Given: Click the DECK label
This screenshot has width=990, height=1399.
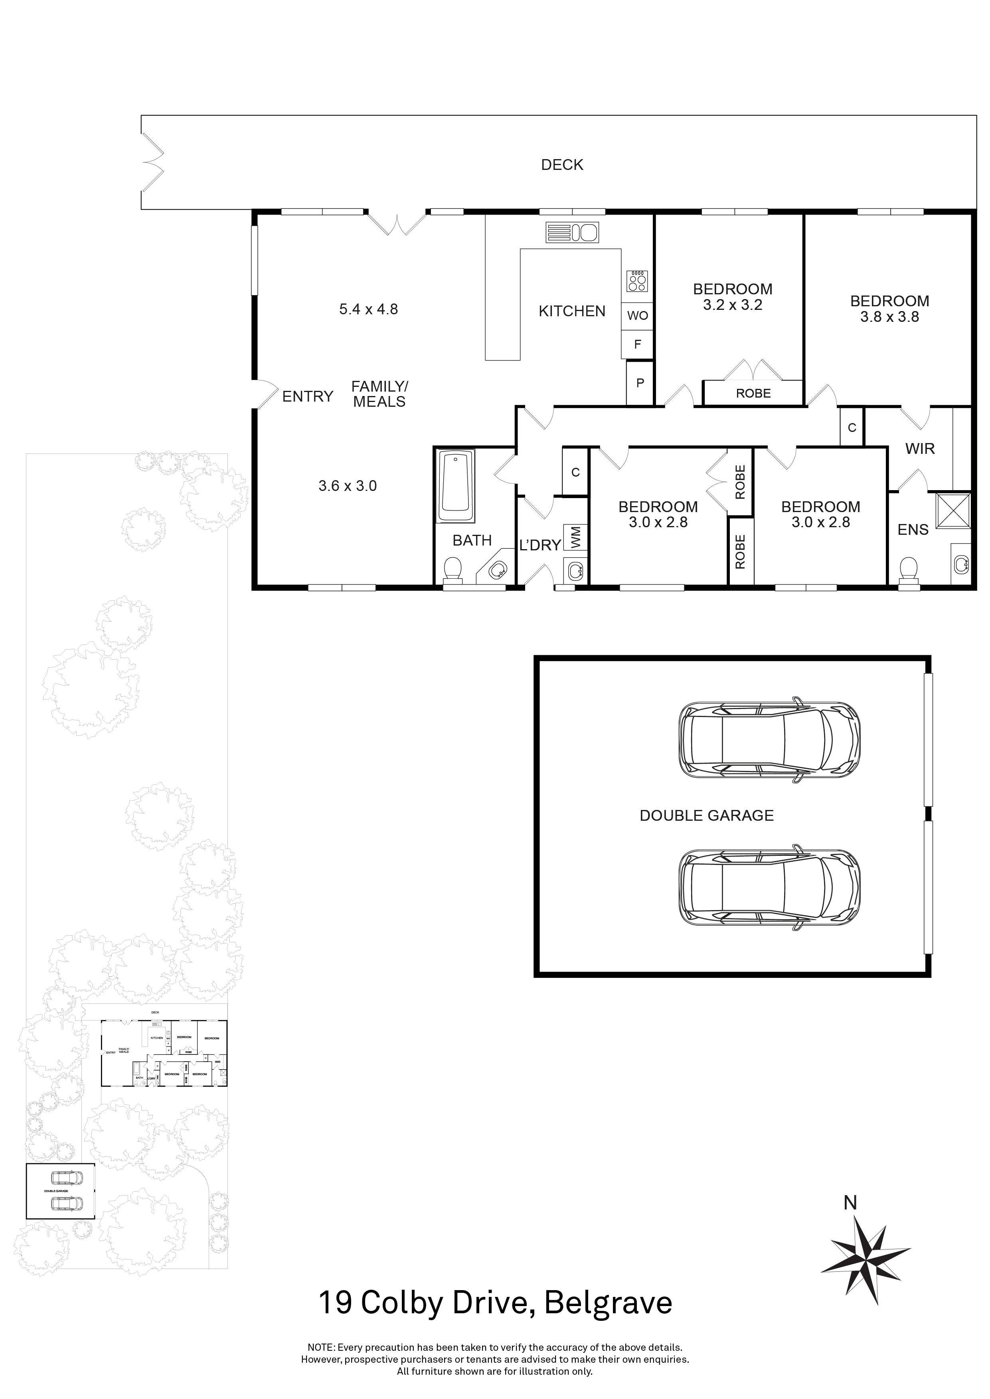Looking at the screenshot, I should [562, 165].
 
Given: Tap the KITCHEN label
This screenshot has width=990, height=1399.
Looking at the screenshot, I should [572, 311].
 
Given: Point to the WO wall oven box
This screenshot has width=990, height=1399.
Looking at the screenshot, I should [638, 315].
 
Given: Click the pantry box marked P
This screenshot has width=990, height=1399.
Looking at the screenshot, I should [640, 383].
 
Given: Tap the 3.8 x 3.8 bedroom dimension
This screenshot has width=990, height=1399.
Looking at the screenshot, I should [889, 317].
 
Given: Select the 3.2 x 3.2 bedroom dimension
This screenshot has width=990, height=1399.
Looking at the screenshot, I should [733, 305].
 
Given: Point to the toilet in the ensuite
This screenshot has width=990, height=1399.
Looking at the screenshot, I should [908, 570].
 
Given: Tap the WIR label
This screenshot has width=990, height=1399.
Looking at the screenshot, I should [920, 449].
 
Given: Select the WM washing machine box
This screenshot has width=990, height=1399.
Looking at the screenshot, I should [575, 538].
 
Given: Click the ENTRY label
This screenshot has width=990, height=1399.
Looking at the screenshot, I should [308, 397].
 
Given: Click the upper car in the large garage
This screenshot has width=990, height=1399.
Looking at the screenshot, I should [769, 742].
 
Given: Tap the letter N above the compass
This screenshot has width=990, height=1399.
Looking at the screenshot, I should [850, 1203].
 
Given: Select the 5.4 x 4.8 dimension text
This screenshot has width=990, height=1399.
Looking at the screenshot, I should [368, 309].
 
